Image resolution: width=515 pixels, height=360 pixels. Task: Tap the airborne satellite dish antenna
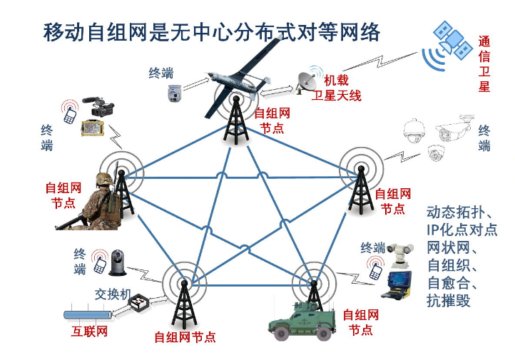coord(308,81)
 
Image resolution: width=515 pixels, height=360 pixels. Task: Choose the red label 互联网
coord(89,331)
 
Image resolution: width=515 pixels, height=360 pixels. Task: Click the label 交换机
coord(112,294)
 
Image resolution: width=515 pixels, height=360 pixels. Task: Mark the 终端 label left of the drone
coord(160,73)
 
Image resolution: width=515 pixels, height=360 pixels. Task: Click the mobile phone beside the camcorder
coord(70,114)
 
